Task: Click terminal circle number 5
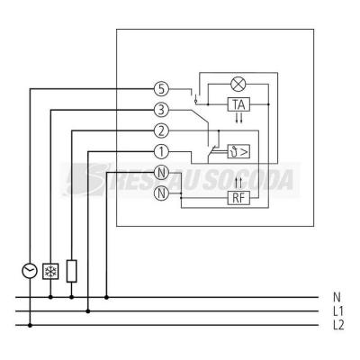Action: [x=161, y=89]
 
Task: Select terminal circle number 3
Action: [x=161, y=111]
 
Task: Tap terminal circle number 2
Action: [x=161, y=131]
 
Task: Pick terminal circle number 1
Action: [x=161, y=152]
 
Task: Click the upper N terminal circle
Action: [x=161, y=173]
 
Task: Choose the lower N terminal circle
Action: [x=161, y=193]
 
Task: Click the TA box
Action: [x=238, y=104]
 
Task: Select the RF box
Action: [x=238, y=198]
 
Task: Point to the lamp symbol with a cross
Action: [x=238, y=84]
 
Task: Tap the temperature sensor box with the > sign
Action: [x=238, y=151]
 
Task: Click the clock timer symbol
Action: [x=30, y=271]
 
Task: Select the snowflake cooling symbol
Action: [x=50, y=272]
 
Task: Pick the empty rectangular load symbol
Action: [x=71, y=271]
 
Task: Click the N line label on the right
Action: [x=337, y=297]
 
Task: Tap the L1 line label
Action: [x=338, y=311]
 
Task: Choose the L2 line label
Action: [x=338, y=325]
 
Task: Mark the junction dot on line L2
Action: [x=30, y=325]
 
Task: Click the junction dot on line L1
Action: [x=88, y=311]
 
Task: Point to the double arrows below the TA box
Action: [x=239, y=118]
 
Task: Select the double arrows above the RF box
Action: [x=239, y=183]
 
